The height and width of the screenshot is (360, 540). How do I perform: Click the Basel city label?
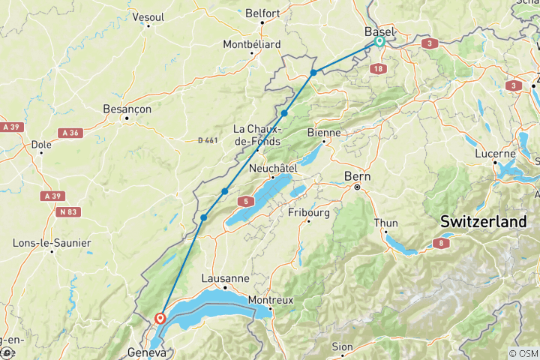click(379, 31)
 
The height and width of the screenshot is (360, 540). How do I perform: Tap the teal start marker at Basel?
click(379, 42)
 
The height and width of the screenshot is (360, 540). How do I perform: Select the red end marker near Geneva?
click(160, 318)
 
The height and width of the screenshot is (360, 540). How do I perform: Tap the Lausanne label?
click(225, 278)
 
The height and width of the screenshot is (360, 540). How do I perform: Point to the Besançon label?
click(127, 109)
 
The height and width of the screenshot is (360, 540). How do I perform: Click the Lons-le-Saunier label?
click(52, 243)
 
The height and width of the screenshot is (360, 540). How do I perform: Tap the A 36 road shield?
click(70, 133)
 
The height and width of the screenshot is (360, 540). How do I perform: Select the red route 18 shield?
click(376, 69)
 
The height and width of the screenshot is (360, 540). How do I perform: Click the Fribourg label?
click(309, 212)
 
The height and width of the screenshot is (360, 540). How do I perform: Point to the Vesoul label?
click(148, 16)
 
